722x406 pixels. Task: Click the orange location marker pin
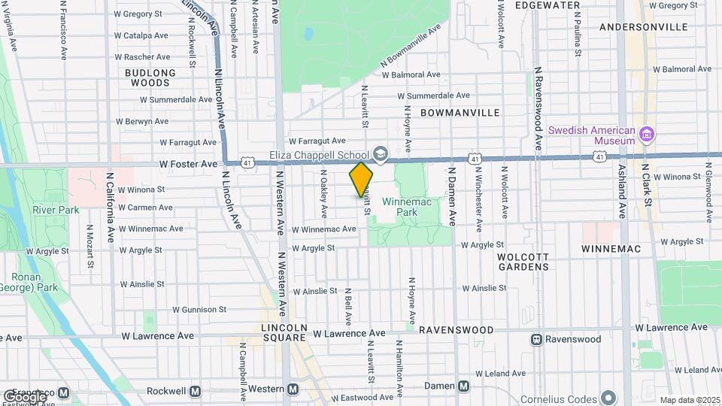pos(361,179)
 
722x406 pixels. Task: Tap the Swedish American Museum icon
pos(645,135)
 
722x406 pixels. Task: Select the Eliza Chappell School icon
pos(380,154)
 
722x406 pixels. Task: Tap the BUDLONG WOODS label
pos(150,77)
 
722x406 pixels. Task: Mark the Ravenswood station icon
pos(537,339)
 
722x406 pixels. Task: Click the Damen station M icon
pos(463,386)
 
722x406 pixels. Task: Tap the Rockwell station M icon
pos(196,391)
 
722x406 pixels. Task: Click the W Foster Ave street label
pos(187,163)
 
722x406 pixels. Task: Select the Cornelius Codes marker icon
pos(608,398)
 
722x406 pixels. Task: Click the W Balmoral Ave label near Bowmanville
pos(411,75)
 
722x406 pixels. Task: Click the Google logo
pos(24,396)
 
